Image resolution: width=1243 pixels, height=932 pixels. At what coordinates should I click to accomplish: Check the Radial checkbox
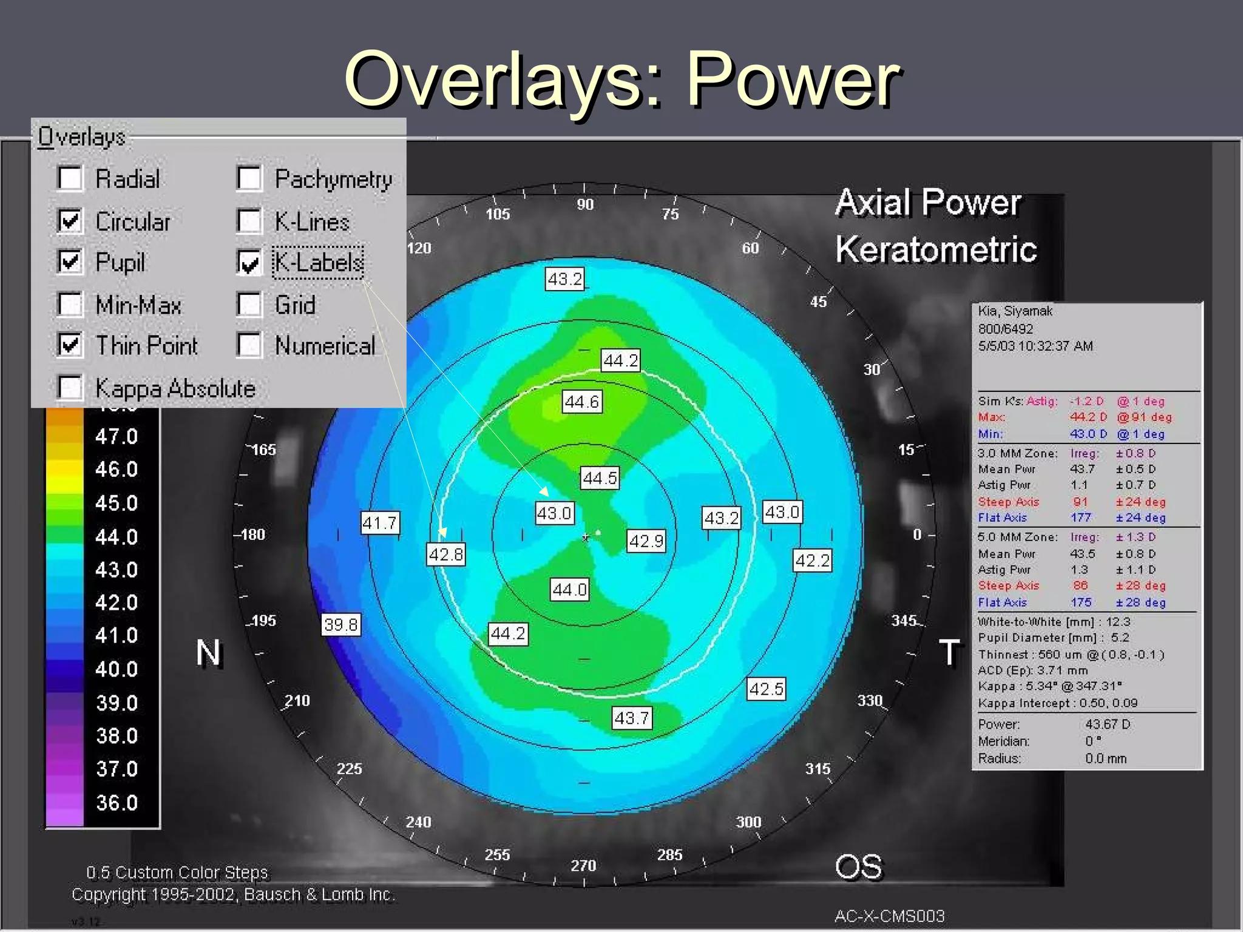[x=70, y=178]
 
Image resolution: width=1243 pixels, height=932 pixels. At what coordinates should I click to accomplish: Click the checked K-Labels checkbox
[x=249, y=263]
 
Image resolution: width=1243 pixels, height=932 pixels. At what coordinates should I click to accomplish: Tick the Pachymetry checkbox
[x=249, y=178]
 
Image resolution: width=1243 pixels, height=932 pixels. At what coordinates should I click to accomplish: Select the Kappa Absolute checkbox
[x=70, y=388]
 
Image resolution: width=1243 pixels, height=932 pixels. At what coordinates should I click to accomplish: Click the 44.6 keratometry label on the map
[x=581, y=402]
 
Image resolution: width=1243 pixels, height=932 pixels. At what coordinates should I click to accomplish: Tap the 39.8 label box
[x=340, y=624]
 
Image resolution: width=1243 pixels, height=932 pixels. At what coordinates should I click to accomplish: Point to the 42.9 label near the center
[x=646, y=541]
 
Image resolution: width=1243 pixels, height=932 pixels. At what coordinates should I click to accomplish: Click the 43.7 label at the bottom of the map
[x=631, y=718]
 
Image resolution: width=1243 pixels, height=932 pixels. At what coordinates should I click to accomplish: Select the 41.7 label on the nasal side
[x=379, y=522]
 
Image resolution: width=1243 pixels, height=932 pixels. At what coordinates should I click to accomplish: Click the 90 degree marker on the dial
[x=585, y=204]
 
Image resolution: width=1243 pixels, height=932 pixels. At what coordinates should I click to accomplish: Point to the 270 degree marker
[x=583, y=865]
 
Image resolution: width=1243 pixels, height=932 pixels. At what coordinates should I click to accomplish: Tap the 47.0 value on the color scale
[x=117, y=436]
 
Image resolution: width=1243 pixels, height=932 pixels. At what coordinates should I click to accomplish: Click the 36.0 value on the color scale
[x=117, y=803]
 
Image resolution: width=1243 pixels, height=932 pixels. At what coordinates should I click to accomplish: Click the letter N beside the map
[x=209, y=653]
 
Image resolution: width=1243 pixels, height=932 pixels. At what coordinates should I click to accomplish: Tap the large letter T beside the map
[x=949, y=652]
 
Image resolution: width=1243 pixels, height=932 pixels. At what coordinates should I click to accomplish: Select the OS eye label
[x=858, y=867]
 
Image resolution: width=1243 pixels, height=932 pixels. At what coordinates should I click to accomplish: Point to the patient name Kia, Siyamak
[x=1015, y=311]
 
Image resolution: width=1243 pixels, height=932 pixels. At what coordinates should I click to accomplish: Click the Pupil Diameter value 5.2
[x=1120, y=638]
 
